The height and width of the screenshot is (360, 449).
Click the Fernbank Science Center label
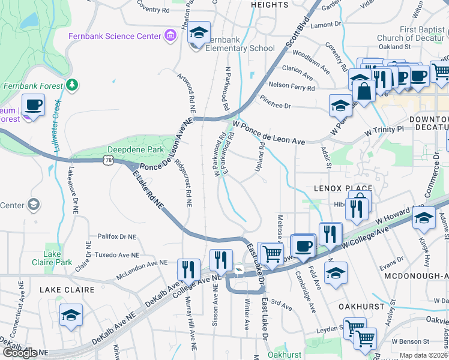(114, 36)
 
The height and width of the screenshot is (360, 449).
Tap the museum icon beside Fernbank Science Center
(170, 36)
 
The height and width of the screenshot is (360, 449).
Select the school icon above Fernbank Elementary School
(199, 32)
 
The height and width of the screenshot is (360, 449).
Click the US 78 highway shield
(108, 160)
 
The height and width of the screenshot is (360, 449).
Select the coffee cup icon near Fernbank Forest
(34, 106)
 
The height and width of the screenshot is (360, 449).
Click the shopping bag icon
(364, 91)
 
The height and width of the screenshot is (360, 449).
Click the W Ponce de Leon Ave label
(269, 133)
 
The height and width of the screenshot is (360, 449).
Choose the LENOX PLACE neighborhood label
(343, 188)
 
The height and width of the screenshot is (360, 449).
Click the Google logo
(20, 353)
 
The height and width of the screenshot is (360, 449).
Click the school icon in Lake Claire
(71, 315)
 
